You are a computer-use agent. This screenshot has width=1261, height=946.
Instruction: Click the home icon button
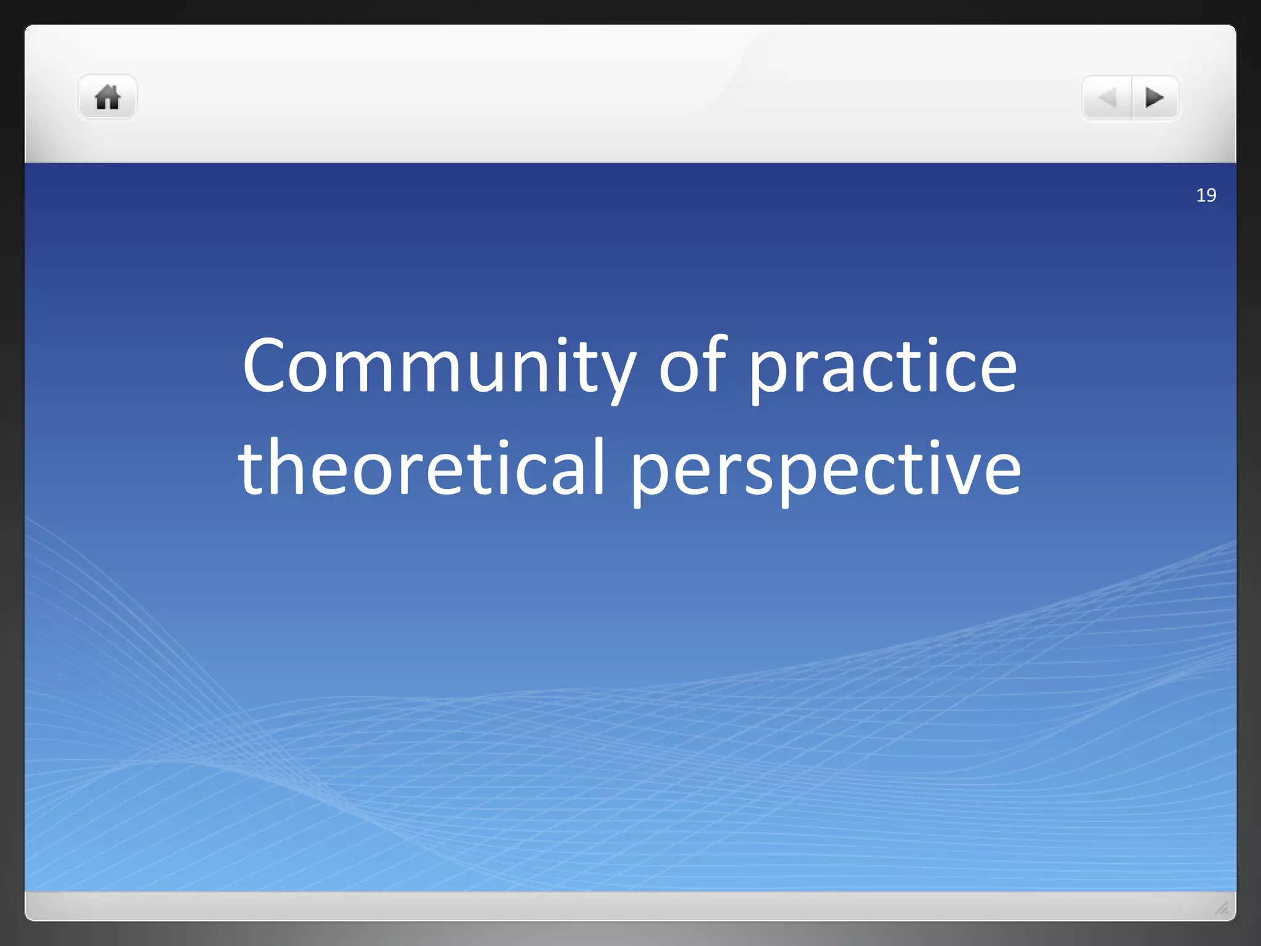[x=107, y=97]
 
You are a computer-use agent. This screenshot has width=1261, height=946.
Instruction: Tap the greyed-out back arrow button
[x=1107, y=97]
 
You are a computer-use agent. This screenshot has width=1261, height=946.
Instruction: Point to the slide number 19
[x=1206, y=195]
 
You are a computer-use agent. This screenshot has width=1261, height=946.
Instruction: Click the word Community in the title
[x=438, y=367]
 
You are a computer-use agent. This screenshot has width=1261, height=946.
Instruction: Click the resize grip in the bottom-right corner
[x=1222, y=907]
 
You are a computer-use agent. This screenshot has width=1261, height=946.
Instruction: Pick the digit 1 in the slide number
[x=1201, y=195]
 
